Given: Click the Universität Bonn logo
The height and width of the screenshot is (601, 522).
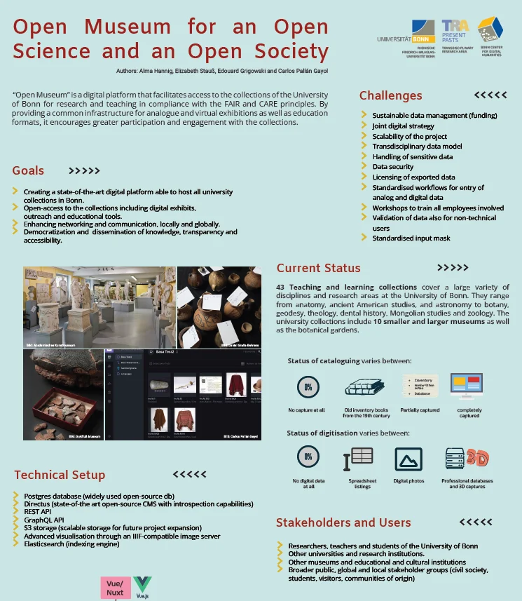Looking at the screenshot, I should [406, 39].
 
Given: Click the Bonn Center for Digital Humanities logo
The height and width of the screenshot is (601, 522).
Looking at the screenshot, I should [490, 35].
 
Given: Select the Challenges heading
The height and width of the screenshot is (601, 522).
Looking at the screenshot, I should [391, 95].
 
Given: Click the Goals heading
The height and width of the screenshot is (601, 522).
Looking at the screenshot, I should [28, 170].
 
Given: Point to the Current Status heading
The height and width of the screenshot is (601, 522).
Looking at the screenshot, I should [318, 268].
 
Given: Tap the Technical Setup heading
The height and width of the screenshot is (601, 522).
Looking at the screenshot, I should [60, 475].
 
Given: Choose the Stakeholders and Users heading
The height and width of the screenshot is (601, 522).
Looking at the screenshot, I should [343, 522].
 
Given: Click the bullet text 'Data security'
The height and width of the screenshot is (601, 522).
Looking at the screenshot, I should [393, 167].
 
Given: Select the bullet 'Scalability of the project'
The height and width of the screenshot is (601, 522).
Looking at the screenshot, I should [409, 136].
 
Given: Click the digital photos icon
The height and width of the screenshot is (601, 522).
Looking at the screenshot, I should [408, 459].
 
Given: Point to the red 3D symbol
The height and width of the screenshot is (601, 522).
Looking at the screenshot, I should [478, 457].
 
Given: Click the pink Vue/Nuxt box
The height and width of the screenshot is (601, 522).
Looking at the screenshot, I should [115, 588].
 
